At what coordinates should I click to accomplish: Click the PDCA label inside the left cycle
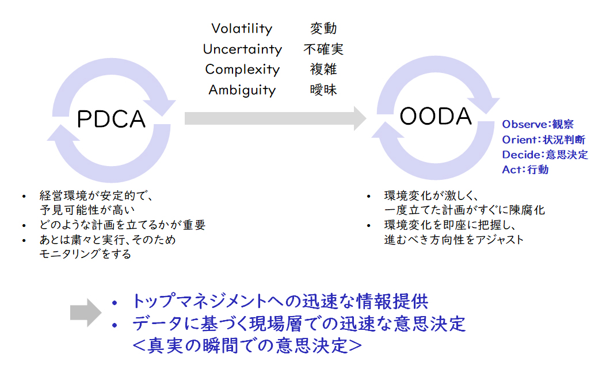point(111,119)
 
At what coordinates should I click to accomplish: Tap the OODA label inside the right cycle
point(436,116)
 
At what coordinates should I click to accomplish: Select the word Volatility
point(242,28)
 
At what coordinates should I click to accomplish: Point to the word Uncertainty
point(242,49)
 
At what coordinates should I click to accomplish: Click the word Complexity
point(242,70)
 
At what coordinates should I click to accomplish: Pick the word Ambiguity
point(242,90)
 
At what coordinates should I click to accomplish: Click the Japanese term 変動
point(323,28)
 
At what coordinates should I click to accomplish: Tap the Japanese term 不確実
point(323,49)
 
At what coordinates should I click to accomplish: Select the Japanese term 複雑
point(323,70)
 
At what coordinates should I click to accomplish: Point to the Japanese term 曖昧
point(323,90)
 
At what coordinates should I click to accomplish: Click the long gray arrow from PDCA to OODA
point(276,118)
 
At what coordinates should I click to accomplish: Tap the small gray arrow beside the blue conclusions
point(86,313)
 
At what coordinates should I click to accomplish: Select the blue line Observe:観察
point(537,124)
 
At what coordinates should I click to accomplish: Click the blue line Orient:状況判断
point(543,140)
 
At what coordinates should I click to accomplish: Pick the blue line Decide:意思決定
point(545,155)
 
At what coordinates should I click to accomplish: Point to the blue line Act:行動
point(525,170)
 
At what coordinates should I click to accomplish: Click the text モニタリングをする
point(85,254)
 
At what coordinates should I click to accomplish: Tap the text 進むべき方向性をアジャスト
point(453,239)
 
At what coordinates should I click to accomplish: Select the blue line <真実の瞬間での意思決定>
point(247,345)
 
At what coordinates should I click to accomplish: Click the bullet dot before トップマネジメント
point(115,303)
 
